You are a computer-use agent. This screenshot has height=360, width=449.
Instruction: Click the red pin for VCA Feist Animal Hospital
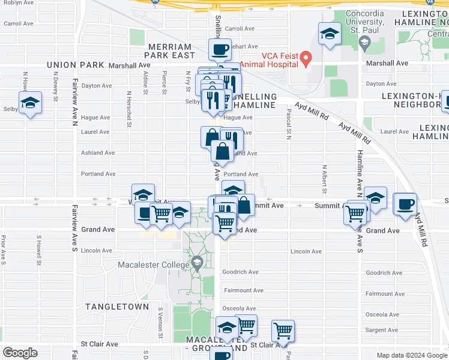pos(306,59)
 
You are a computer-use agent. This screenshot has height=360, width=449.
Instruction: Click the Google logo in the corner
pos(20,353)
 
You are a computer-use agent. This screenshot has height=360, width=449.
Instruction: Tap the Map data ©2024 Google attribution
pos(411,355)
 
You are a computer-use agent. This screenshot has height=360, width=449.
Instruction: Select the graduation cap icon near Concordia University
pos(330,34)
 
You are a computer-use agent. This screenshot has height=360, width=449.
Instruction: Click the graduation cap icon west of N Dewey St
pos(30,103)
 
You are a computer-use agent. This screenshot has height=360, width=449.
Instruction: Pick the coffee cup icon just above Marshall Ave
pos(220,50)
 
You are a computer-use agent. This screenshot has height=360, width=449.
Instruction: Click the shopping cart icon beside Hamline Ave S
pos(355,213)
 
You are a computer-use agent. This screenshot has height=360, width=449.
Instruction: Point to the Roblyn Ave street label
pos(18,2)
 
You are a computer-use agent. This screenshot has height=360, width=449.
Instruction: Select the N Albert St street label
pos(324,179)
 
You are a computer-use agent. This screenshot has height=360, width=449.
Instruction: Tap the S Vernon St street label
pos(160,317)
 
